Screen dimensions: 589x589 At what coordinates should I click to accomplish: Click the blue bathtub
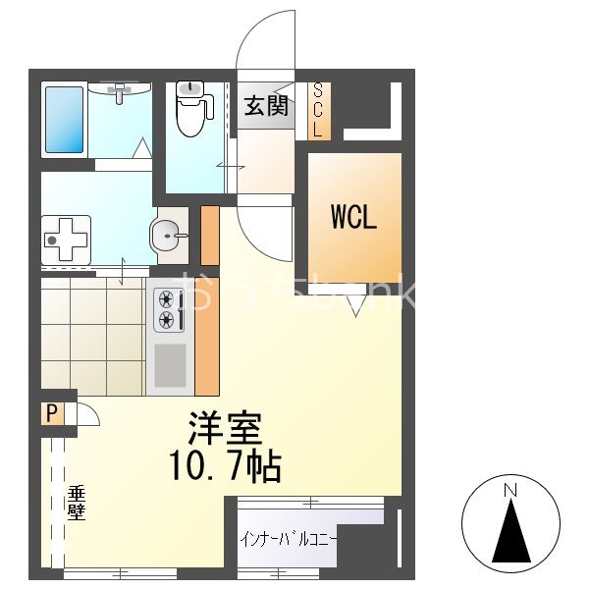[66, 119]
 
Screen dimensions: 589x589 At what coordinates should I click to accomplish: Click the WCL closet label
[353, 217]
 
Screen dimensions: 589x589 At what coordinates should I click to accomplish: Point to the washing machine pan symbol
[66, 239]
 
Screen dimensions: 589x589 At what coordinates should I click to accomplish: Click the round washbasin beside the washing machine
[169, 236]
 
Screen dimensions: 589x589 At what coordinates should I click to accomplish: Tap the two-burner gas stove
[167, 310]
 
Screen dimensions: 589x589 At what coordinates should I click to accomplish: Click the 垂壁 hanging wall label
[75, 502]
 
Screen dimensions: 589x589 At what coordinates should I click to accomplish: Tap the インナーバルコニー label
[289, 539]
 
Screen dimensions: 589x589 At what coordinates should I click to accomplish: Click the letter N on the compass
[509, 489]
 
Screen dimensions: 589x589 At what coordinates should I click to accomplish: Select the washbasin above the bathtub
[121, 91]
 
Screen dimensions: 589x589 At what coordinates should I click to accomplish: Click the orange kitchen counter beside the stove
[207, 338]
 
